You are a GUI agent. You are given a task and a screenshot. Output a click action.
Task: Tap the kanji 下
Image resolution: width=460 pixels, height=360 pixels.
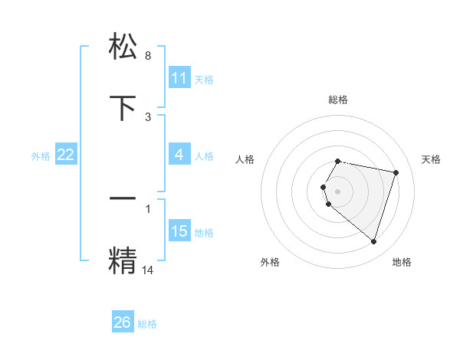pyautogui.click(x=124, y=108)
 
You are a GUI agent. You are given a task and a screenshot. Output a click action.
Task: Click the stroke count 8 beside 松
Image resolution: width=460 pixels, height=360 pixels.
pyautogui.click(x=148, y=56)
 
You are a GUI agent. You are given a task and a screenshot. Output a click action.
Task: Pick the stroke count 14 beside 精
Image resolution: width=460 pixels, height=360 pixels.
pyautogui.click(x=148, y=270)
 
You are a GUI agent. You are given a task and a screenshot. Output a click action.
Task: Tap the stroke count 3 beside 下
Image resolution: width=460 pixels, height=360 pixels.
pyautogui.click(x=148, y=117)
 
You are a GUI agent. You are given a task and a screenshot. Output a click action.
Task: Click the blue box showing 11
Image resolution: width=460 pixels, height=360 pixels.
pyautogui.click(x=179, y=78)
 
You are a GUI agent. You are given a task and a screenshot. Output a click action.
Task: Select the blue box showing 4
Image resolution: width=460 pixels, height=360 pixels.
pyautogui.click(x=179, y=155)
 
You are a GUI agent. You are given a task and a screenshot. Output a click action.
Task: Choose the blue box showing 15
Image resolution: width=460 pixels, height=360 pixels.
pyautogui.click(x=179, y=231)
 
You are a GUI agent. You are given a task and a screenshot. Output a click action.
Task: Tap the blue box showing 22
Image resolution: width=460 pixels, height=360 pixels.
pyautogui.click(x=66, y=155)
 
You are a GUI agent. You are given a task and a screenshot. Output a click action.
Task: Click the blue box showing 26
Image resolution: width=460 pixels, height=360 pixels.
pyautogui.click(x=123, y=322)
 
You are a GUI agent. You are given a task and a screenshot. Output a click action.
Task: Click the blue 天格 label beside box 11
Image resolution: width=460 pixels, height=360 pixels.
pyautogui.click(x=204, y=79)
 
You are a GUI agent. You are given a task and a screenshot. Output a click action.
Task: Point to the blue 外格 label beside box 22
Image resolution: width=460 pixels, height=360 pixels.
pyautogui.click(x=41, y=155)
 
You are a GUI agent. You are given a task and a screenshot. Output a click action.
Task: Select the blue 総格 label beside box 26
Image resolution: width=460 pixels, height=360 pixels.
pyautogui.click(x=147, y=323)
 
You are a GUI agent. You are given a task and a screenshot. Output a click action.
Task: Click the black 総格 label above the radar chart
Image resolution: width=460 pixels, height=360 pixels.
pyautogui.click(x=338, y=100)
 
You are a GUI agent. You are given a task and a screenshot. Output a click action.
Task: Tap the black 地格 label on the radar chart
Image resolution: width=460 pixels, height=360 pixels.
pyautogui.click(x=402, y=262)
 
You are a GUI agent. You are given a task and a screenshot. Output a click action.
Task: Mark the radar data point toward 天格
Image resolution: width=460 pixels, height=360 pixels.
pyautogui.click(x=396, y=172)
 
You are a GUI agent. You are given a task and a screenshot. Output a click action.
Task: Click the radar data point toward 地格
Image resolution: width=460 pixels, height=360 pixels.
pyautogui.click(x=373, y=241)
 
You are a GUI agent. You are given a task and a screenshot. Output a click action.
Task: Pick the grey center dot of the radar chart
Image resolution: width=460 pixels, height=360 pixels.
pyautogui.click(x=338, y=191)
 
